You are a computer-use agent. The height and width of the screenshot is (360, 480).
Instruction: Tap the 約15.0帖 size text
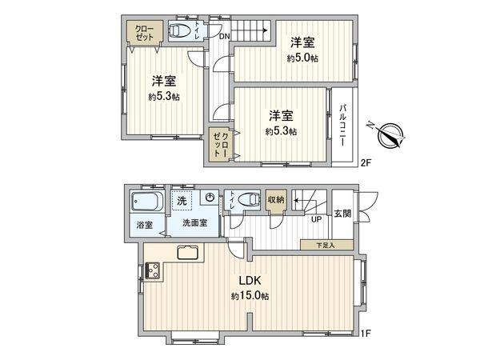[250, 296]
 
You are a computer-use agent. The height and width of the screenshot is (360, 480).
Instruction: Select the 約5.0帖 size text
[303, 58]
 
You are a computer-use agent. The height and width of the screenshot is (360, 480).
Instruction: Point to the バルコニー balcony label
[342, 124]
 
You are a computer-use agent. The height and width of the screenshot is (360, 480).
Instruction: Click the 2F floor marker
[366, 162]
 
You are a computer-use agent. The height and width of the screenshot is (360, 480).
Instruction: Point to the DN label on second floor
[225, 35]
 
